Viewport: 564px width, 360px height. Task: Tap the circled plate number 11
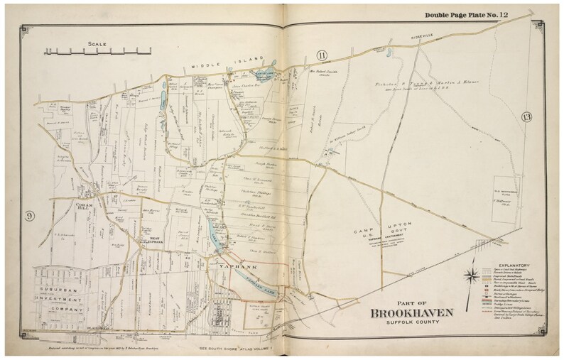[321, 55]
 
